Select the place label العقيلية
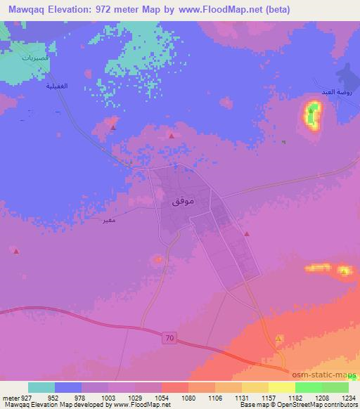(x=56, y=86)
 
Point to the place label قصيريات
(x=34, y=58)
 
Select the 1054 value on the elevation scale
(x=161, y=398)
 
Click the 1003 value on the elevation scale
(x=109, y=398)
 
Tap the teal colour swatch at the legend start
(x=41, y=387)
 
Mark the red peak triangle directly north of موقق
(x=171, y=136)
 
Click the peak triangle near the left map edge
(x=16, y=250)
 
